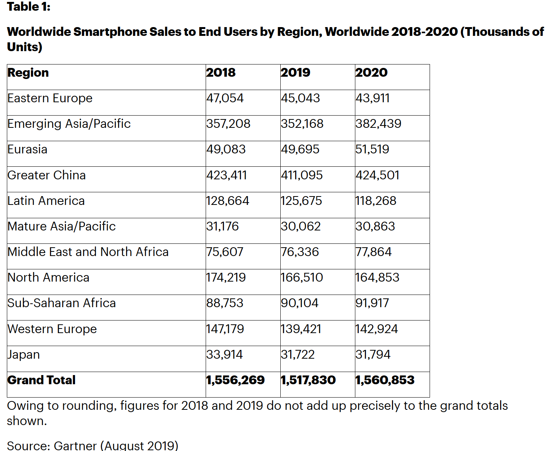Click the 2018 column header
click(x=221, y=72)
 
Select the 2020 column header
click(x=371, y=72)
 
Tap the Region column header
click(x=28, y=72)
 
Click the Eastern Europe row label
click(x=50, y=98)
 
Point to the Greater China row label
click(x=46, y=175)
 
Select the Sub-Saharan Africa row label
click(x=62, y=303)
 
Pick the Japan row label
click(x=24, y=354)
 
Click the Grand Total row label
click(x=42, y=380)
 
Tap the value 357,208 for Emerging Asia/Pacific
click(x=229, y=124)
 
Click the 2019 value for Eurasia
click(x=300, y=149)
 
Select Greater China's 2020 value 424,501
click(x=377, y=175)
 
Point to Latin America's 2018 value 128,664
click(x=228, y=201)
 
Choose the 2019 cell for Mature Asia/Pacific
click(x=301, y=226)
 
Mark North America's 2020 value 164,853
click(x=377, y=277)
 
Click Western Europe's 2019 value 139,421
click(x=301, y=329)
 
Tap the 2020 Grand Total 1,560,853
click(x=385, y=380)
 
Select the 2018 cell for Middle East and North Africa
click(x=225, y=252)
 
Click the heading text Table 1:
click(x=29, y=7)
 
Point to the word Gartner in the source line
click(x=75, y=445)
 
